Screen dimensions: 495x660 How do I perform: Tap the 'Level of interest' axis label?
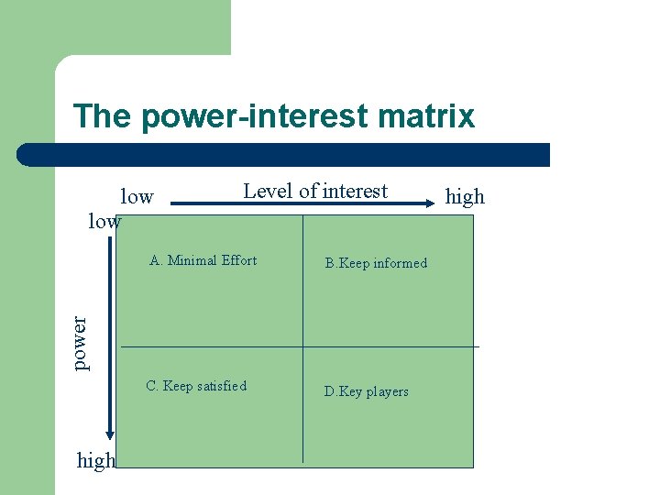click(x=315, y=191)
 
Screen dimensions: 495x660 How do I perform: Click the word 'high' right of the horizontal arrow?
click(x=465, y=196)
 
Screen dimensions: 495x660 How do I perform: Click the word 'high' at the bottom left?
click(x=96, y=461)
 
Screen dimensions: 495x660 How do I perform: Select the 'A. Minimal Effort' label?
click(x=203, y=260)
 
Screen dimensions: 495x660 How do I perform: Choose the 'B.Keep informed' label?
click(x=376, y=263)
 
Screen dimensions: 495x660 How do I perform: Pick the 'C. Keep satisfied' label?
click(x=196, y=386)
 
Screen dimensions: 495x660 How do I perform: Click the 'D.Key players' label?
click(x=367, y=391)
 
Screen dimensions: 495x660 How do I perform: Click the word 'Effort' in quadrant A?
click(x=239, y=260)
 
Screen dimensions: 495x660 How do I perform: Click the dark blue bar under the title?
click(x=284, y=155)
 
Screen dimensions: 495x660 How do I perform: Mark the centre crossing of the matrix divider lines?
click(x=302, y=346)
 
